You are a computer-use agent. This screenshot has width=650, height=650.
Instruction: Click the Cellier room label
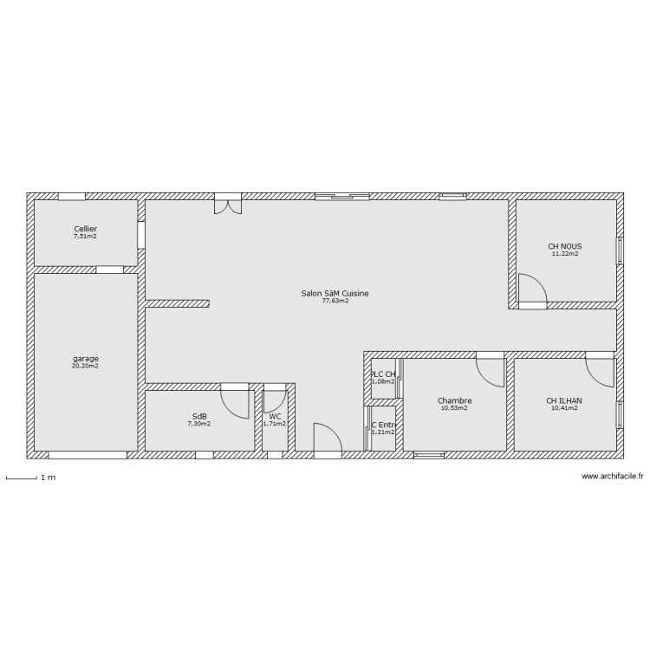[85, 229]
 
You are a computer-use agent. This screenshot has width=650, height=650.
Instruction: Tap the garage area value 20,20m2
[85, 366]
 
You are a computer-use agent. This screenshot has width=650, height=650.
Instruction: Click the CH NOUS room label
[564, 246]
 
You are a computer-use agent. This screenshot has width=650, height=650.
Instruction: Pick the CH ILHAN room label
[564, 400]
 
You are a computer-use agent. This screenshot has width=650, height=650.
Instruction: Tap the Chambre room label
[454, 400]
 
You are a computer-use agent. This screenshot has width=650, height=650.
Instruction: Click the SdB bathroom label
[199, 416]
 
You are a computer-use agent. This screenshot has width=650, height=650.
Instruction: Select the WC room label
[275, 416]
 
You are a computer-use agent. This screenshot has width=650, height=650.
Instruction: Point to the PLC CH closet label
[382, 374]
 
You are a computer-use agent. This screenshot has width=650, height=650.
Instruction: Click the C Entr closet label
[382, 425]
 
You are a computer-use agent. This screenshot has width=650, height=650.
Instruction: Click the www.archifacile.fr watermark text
[613, 476]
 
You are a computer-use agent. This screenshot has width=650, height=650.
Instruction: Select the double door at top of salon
[227, 205]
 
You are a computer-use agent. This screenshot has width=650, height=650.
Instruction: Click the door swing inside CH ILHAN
[600, 372]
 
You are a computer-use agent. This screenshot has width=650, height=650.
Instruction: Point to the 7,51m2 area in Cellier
[85, 237]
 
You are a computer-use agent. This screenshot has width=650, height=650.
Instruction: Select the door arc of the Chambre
[490, 372]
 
